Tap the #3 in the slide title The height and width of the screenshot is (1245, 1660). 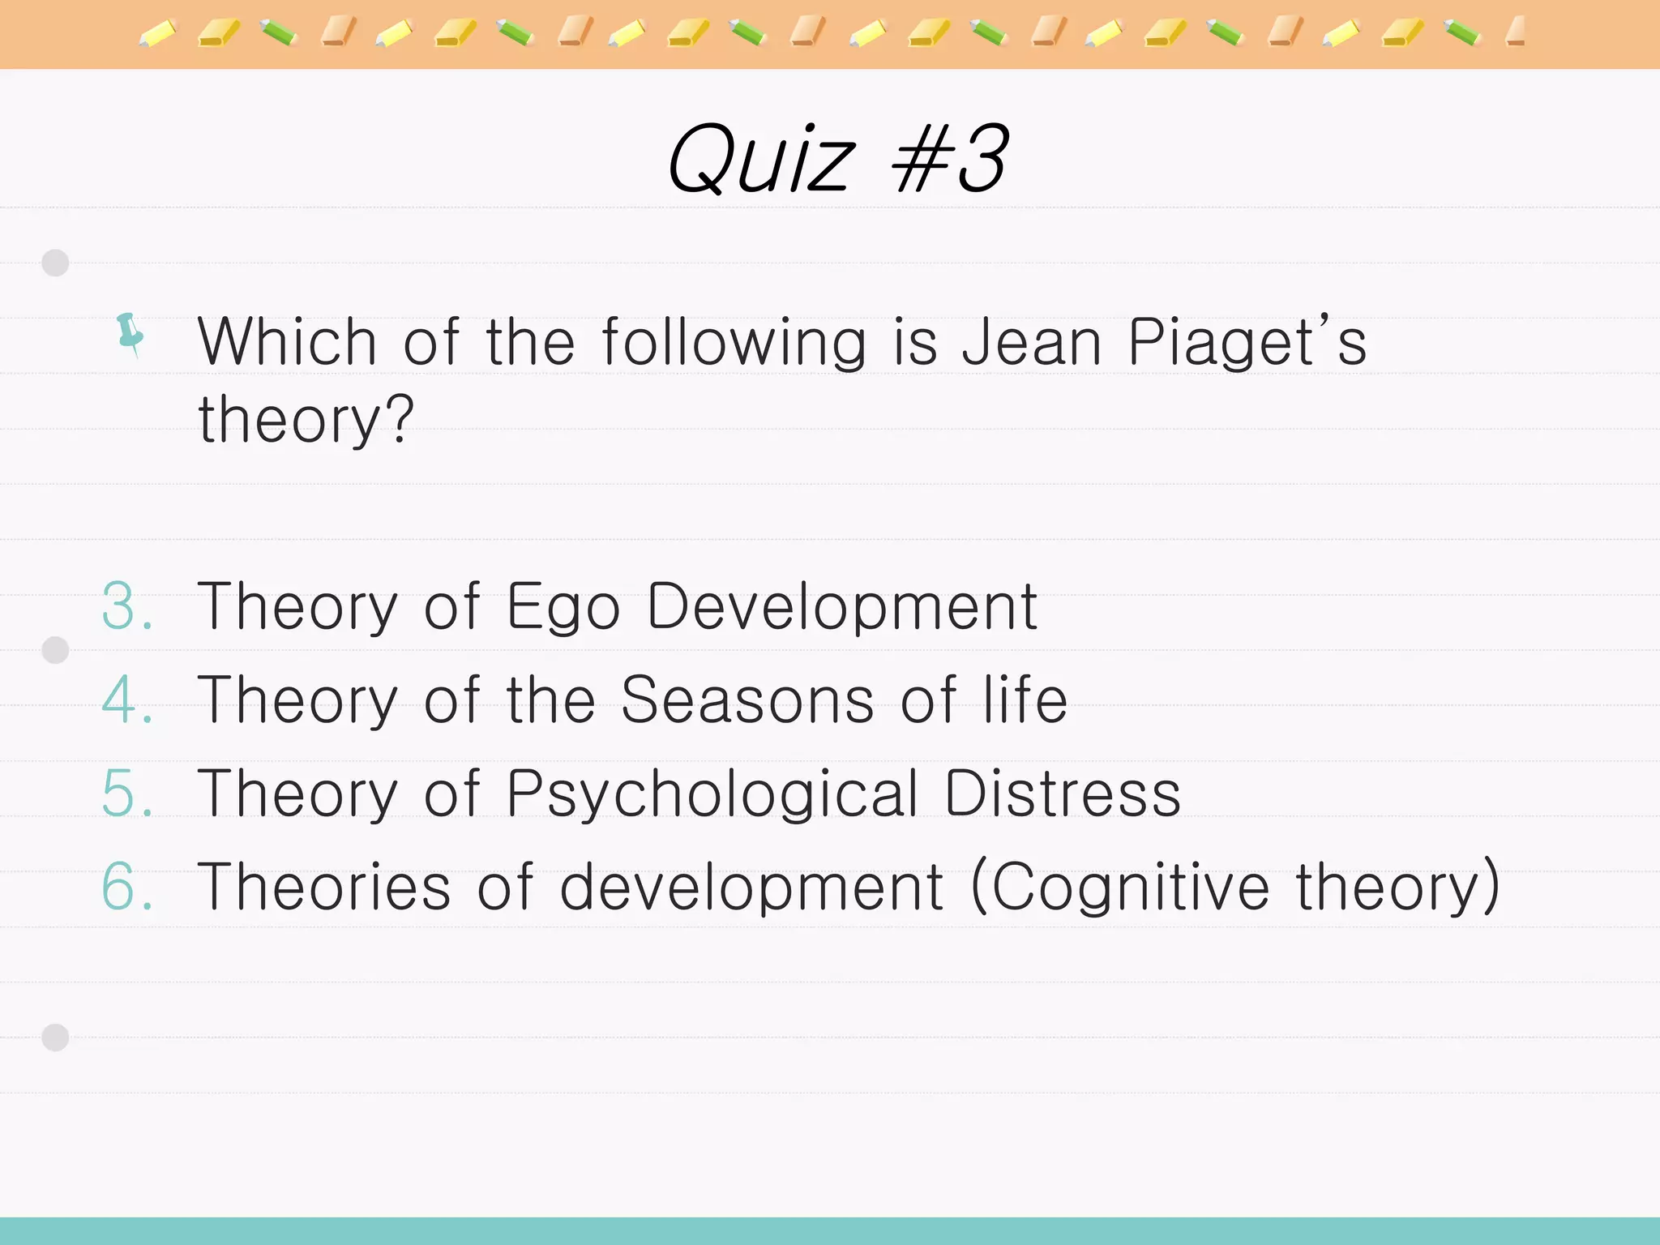(949, 159)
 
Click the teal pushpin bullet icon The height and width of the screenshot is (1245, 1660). (130, 333)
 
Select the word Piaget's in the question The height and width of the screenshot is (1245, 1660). (1247, 342)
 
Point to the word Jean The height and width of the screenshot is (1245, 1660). (1031, 342)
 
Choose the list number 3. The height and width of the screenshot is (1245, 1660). (126, 606)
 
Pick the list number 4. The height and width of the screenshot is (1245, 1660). (126, 700)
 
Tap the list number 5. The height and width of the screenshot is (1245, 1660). (126, 793)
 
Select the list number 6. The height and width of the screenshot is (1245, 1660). (126, 886)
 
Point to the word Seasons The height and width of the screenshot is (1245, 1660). (747, 700)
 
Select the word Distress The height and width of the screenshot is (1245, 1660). (1062, 793)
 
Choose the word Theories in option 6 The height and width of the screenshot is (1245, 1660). (323, 886)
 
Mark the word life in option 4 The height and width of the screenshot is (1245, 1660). (1025, 700)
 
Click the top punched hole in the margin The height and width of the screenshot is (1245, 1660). (55, 263)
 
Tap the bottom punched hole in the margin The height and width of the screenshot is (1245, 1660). (55, 1037)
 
